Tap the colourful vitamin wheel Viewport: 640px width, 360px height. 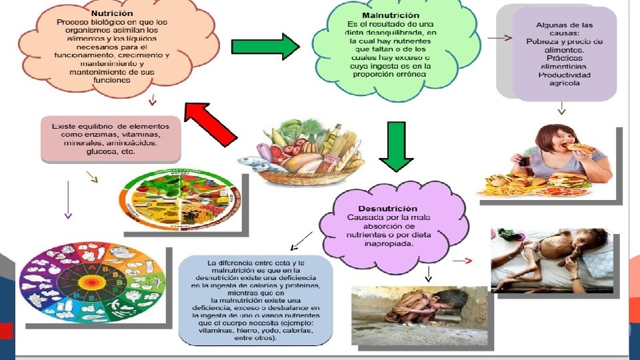tap(91, 287)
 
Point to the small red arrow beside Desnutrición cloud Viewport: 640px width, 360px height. tap(465, 260)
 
